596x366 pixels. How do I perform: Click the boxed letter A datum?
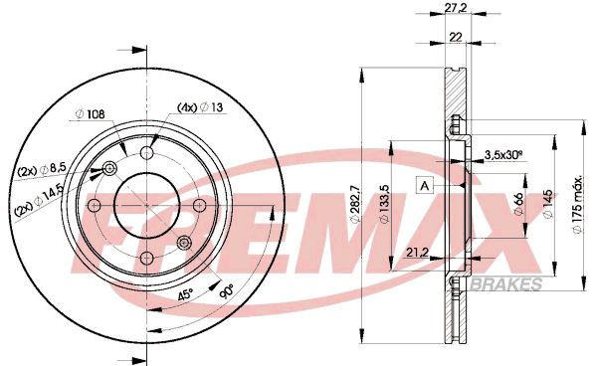coord(425,186)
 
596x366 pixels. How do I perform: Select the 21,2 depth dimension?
coord(417,253)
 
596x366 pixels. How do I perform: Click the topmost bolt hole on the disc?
coord(147,153)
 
